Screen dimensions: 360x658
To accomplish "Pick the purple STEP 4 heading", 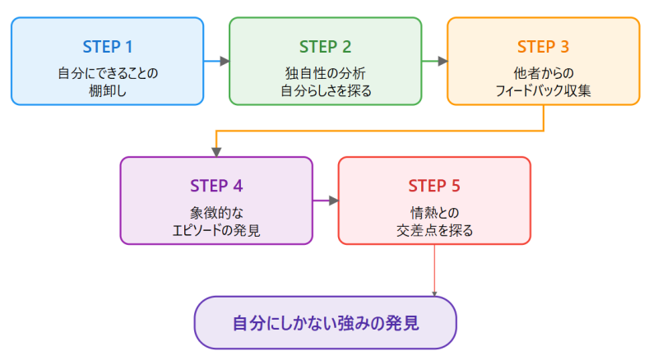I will click(x=216, y=185).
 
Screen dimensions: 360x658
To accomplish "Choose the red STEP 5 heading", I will click(x=434, y=185).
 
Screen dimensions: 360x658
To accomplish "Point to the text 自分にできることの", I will click(x=108, y=73).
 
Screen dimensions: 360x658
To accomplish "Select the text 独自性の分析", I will click(x=325, y=73).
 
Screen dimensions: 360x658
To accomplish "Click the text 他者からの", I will click(x=543, y=73).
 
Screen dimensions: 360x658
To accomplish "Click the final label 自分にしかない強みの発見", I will click(x=325, y=323).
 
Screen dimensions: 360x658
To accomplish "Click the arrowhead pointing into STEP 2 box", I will click(x=224, y=61).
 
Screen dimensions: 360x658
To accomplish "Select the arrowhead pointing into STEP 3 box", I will click(x=442, y=61).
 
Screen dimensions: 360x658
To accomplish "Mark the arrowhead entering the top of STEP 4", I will click(x=216, y=151).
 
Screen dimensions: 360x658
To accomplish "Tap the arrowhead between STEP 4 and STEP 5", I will click(x=333, y=201).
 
